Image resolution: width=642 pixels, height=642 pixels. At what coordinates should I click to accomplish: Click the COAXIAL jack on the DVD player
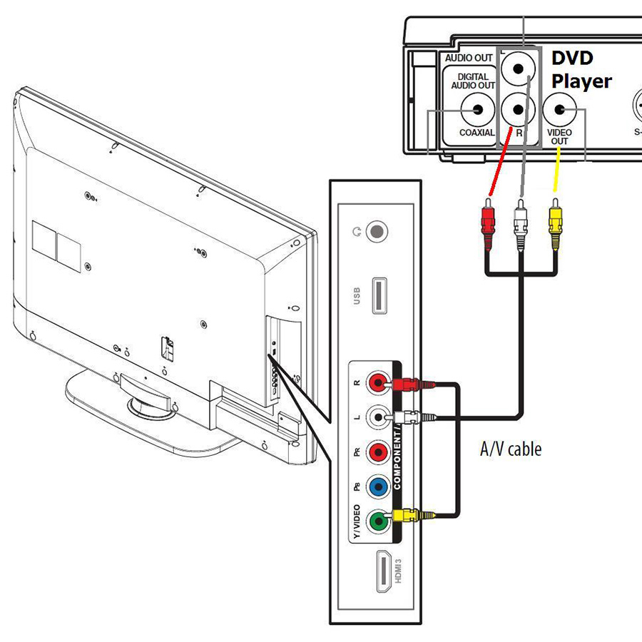[x=475, y=111]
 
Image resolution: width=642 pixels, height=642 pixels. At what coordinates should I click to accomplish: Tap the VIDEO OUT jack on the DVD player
[x=560, y=111]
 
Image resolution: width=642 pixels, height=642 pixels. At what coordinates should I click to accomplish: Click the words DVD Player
[x=581, y=70]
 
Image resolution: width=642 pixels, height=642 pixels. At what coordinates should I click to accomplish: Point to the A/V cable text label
[x=510, y=449]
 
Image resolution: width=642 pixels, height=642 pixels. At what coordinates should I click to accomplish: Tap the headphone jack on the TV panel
[x=377, y=231]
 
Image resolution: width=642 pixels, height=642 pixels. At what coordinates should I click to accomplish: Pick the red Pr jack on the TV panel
[x=377, y=452]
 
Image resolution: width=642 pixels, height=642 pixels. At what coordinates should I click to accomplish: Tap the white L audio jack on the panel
[x=377, y=417]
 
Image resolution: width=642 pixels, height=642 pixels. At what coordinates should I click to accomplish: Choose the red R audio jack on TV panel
[x=377, y=384]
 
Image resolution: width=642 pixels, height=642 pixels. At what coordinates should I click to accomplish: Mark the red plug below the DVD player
[x=489, y=224]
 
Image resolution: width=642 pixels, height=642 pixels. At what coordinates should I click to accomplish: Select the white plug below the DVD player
[x=521, y=224]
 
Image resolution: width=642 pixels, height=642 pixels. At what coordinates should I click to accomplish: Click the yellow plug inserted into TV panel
[x=412, y=514]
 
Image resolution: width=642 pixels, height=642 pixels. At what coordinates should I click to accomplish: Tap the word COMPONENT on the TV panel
[x=398, y=457]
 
